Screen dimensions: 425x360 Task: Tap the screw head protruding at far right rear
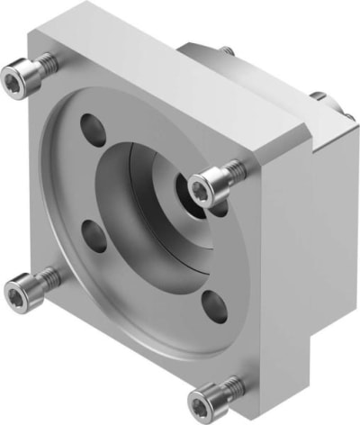(319, 96)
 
